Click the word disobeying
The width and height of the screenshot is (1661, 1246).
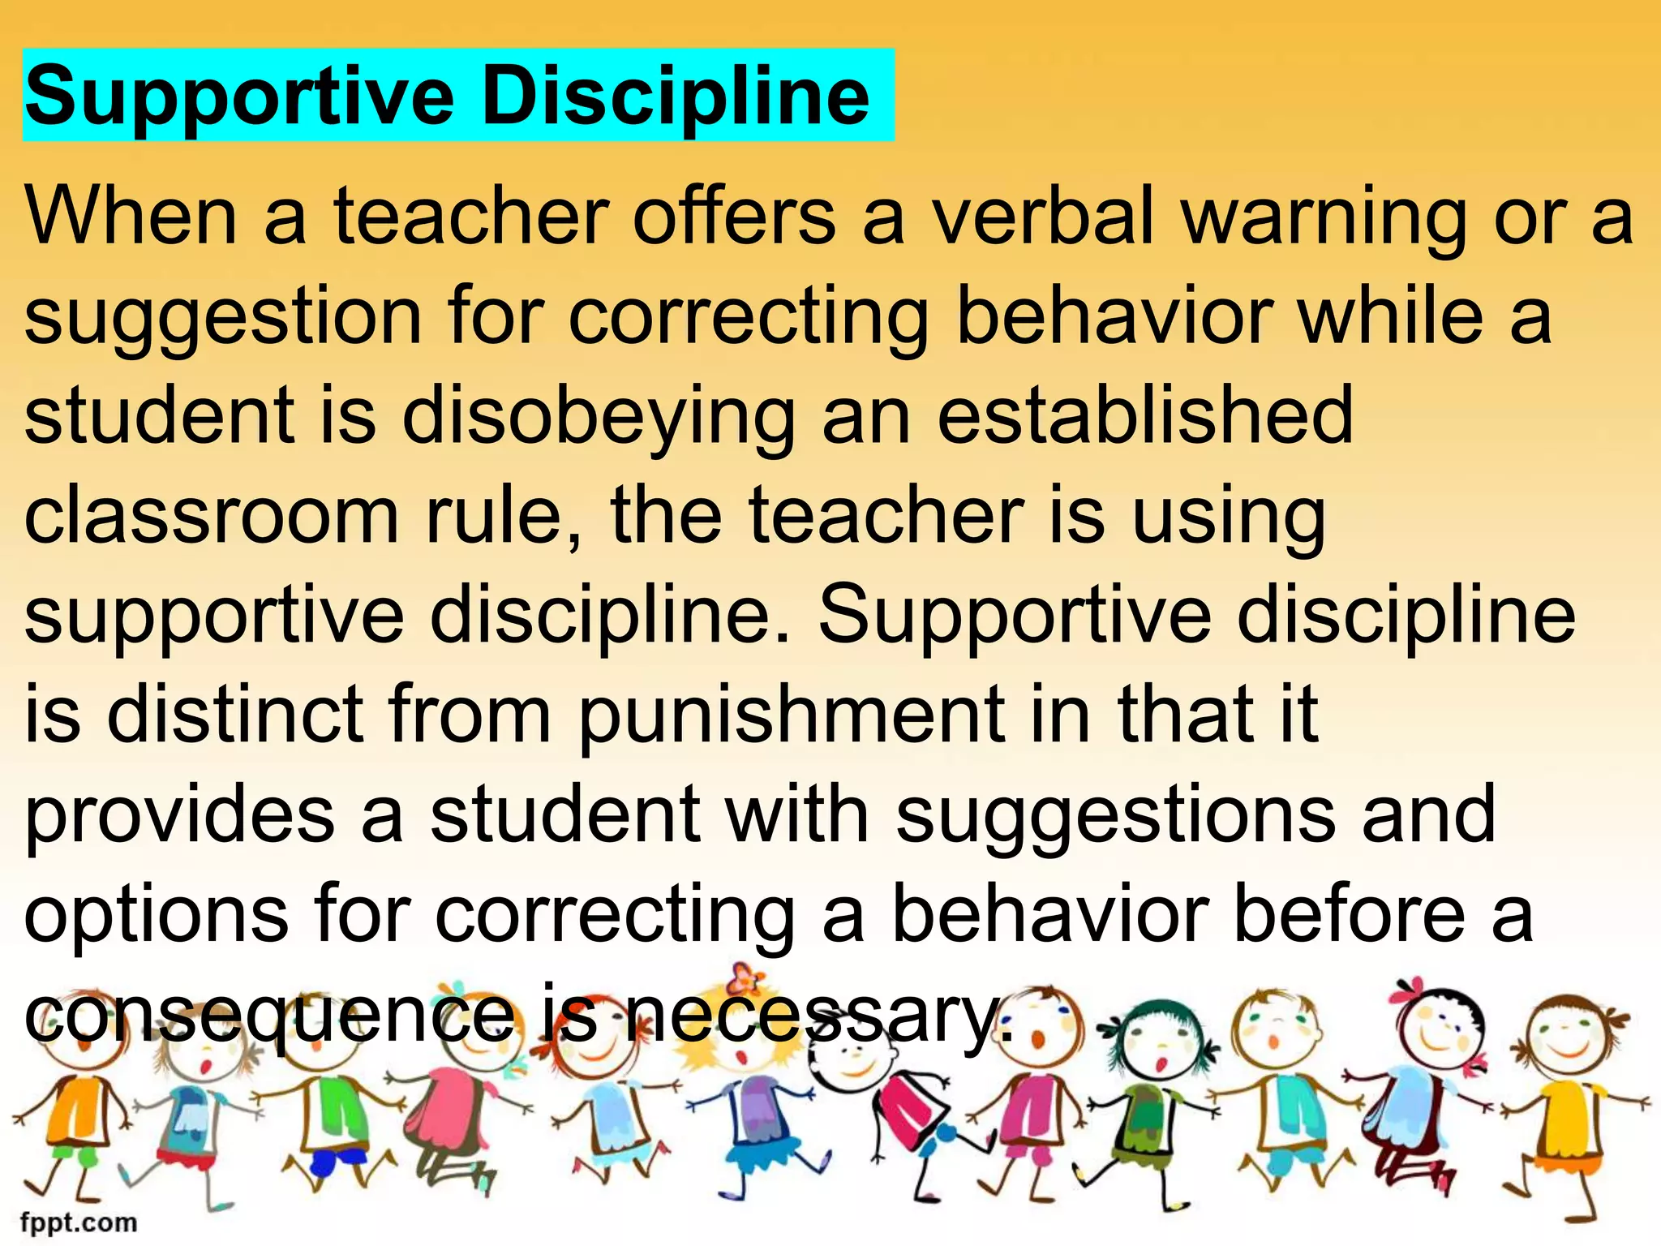599,417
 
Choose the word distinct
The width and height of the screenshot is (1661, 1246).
234,714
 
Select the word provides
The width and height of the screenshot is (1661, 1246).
179,814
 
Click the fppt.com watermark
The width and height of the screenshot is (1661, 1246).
78,1222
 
